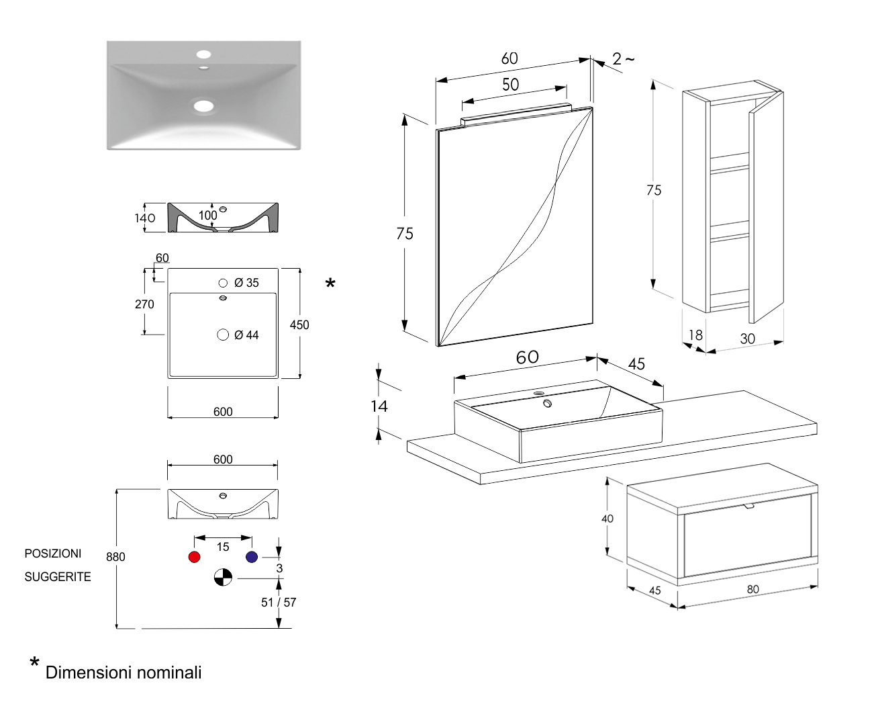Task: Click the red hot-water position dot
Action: [195, 557]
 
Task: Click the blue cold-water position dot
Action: [252, 557]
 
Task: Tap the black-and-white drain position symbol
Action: [223, 577]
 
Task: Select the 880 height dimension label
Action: [115, 557]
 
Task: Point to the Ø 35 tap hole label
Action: [246, 283]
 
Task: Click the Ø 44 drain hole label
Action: [246, 335]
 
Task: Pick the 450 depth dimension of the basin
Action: [299, 325]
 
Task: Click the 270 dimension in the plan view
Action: [144, 304]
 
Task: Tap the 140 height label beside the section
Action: [145, 218]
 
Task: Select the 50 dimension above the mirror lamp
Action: [511, 85]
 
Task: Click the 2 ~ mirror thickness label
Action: [623, 59]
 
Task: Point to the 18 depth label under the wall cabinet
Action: [695, 335]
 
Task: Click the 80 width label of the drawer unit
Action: [753, 589]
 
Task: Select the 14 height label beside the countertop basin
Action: [379, 406]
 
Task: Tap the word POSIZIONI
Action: [53, 554]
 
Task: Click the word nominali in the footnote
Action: [170, 672]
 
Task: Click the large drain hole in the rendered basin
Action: [203, 105]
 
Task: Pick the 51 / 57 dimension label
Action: [279, 603]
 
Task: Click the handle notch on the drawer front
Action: [749, 506]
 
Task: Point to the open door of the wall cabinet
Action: [766, 208]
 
